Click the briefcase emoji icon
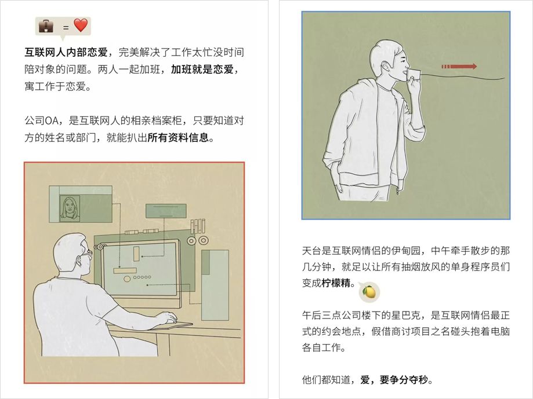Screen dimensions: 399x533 [46, 26]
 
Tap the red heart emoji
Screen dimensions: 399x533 [80, 25]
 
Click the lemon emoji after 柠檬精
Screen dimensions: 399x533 [368, 291]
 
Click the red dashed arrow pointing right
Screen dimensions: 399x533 [458, 67]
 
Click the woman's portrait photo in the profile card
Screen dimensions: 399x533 [70, 208]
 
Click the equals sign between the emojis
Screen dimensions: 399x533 [63, 27]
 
